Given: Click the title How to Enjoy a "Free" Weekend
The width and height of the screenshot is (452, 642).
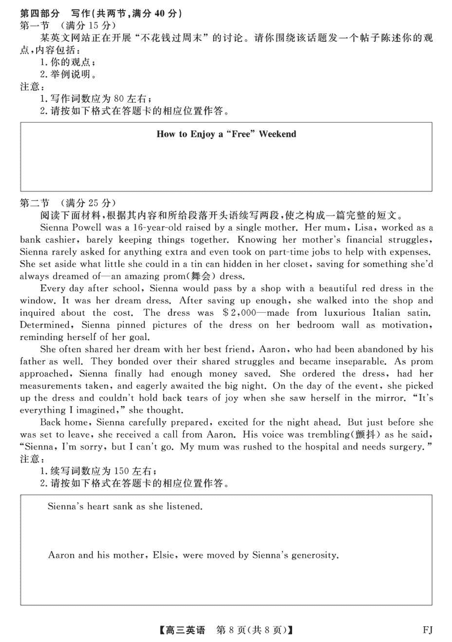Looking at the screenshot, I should click(x=226, y=134).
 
